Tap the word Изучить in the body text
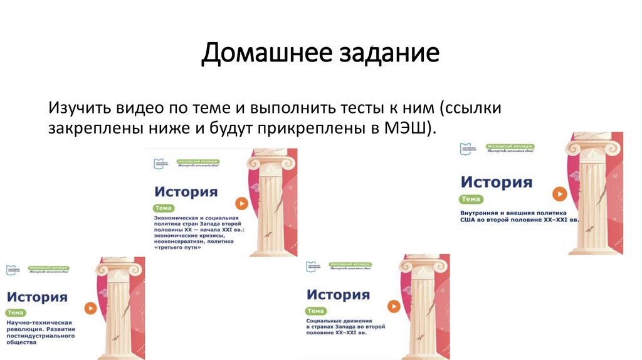point(78,107)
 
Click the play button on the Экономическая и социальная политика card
point(241,203)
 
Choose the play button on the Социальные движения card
point(394,306)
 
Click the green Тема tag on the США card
point(471,199)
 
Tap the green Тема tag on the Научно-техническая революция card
point(15,312)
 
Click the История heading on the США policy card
point(496,183)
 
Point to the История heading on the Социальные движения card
point(338,295)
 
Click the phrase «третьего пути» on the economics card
point(178,247)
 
